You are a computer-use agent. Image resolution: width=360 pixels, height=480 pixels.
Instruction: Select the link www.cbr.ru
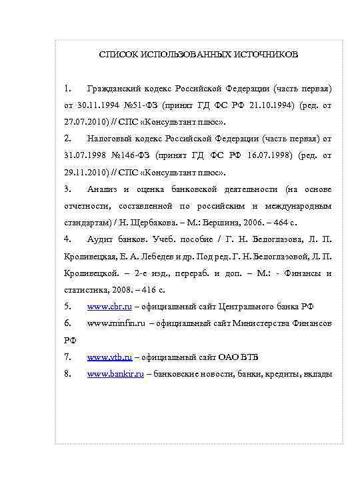tap(110, 306)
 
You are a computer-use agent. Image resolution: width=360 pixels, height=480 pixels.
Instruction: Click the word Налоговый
tap(111, 139)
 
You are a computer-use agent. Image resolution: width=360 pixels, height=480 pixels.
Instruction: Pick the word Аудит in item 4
tap(99, 239)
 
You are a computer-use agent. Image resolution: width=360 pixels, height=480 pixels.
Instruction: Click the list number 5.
tap(67, 306)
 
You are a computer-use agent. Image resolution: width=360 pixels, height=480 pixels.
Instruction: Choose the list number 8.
tap(67, 373)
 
